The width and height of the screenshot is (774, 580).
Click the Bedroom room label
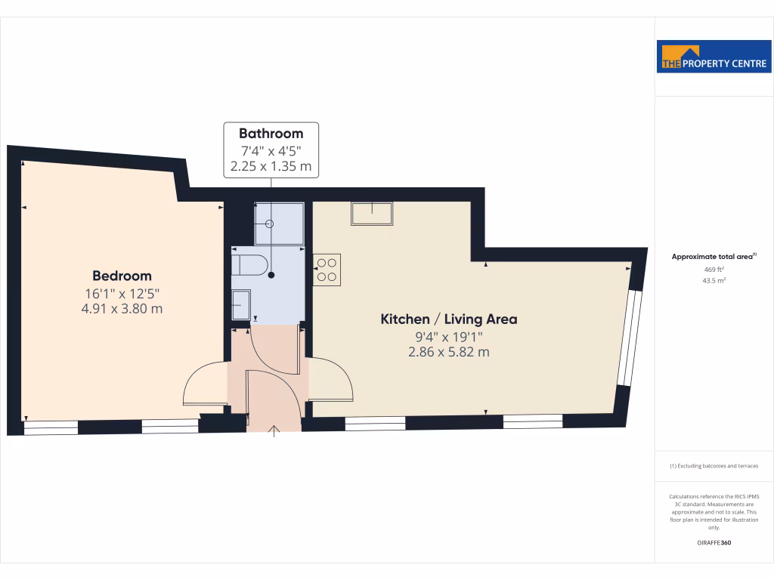coord(122,276)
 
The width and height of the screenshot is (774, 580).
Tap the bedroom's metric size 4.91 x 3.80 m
coord(122,308)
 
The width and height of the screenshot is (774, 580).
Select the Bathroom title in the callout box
coord(271,134)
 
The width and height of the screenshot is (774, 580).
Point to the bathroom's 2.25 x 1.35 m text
coord(271,166)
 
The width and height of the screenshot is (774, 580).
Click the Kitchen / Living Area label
coord(448,319)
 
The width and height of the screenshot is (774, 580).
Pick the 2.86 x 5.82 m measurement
coord(448,352)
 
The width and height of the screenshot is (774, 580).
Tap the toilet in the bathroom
coord(249,265)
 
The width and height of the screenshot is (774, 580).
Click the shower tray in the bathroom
coord(280,223)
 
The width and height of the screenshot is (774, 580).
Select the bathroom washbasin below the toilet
coord(242,305)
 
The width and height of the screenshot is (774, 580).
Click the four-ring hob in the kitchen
coord(327,270)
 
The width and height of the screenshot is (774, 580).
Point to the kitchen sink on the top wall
coord(372,214)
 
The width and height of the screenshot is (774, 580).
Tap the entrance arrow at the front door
coord(274,430)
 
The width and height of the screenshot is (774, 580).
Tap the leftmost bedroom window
coord(51,427)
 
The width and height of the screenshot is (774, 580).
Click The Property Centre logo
coord(714,57)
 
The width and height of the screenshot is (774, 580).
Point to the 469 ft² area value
coord(714,269)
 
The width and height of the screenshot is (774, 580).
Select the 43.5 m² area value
coord(714,280)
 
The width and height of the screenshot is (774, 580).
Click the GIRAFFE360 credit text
coord(714,542)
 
